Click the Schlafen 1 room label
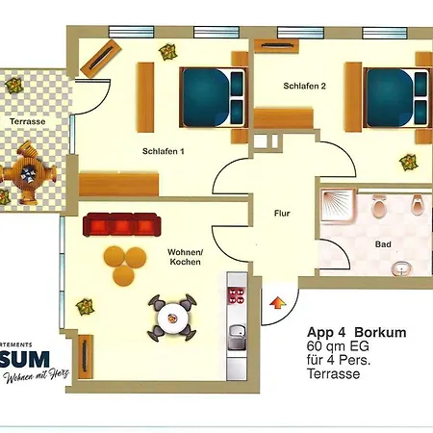coord(163,150)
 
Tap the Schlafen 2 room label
coord(304,86)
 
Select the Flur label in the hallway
coord(281,214)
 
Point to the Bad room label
coord(383,244)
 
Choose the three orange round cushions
coord(120,264)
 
